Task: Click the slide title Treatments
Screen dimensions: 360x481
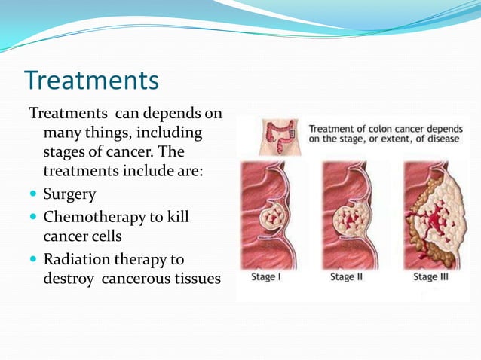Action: pos(91,80)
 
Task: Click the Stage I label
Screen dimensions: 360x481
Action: pos(268,277)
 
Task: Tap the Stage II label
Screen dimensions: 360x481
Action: pos(348,277)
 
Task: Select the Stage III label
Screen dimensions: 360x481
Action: pos(432,277)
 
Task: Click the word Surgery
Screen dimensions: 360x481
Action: pos(69,194)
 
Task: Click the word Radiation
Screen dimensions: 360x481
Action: pos(75,260)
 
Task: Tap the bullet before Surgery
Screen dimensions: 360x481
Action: pos(33,195)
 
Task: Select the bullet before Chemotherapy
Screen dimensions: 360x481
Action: pos(33,218)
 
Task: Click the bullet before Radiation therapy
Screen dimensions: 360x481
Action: pos(33,260)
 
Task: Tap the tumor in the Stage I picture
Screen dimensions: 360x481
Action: pos(272,218)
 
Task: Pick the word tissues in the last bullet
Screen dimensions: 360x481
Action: pos(197,279)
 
